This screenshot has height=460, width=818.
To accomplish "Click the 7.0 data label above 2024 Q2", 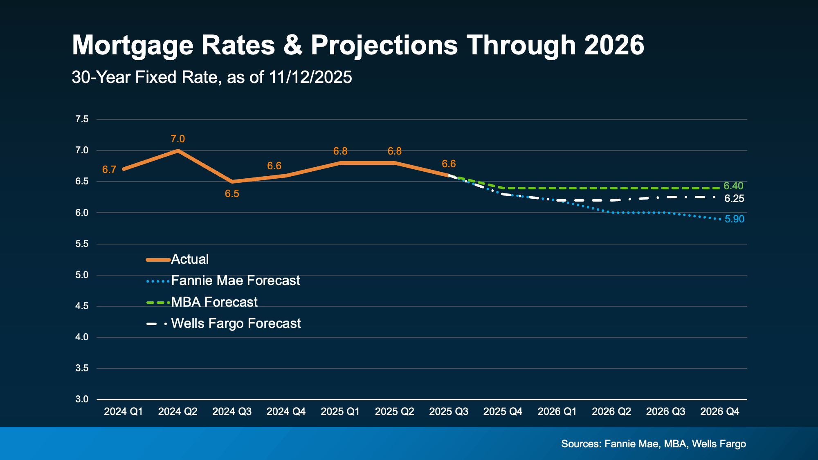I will [178, 139].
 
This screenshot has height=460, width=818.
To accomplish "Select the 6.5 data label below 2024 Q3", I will [232, 194].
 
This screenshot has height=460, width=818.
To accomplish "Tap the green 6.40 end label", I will [733, 186].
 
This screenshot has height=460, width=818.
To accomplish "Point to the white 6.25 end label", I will [734, 199].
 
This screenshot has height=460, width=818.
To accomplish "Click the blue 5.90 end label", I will [734, 219].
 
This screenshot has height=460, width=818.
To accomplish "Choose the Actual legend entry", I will [189, 259].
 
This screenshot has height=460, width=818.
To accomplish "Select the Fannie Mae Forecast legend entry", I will [235, 280].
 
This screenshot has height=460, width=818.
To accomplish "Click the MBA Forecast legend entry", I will [214, 302].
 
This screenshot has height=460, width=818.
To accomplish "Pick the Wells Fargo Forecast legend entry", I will [236, 323].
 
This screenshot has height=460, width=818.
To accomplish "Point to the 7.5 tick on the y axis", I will [82, 119].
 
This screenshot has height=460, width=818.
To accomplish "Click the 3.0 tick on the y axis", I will [82, 399].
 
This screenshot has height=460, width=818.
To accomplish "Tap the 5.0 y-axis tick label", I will [82, 275].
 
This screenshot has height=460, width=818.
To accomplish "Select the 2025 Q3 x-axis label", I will [448, 411].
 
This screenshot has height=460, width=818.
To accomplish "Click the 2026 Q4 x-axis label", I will [719, 411].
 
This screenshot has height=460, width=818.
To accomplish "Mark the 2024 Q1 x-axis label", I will [123, 411].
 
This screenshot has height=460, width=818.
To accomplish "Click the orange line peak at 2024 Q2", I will [178, 150].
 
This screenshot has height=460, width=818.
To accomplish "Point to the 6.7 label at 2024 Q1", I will [109, 170].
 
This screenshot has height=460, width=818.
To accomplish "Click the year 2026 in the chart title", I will [614, 45].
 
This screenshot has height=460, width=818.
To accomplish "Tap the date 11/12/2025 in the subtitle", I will [310, 77].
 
